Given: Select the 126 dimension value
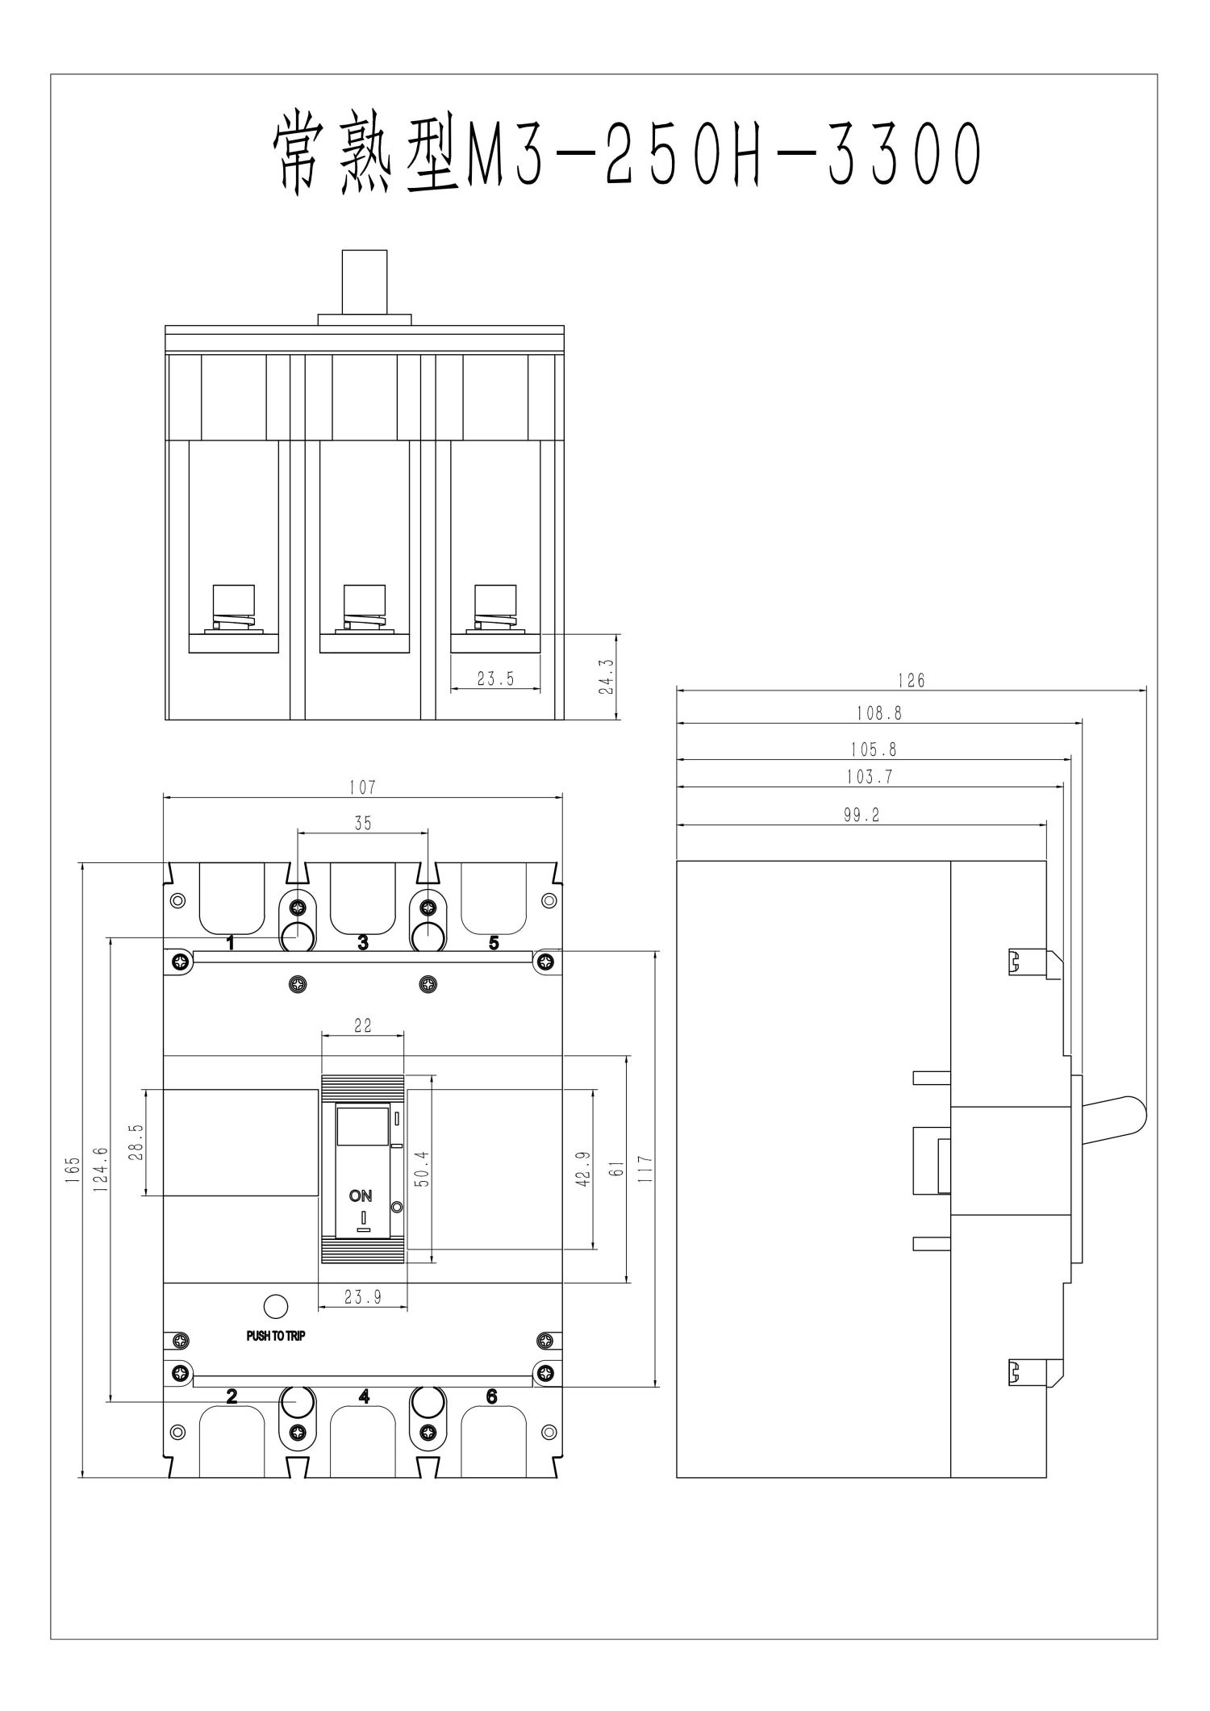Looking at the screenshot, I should [911, 680].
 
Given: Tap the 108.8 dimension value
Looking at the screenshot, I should [878, 713].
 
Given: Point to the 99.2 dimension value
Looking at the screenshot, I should [861, 815].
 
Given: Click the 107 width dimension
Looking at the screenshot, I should [362, 787].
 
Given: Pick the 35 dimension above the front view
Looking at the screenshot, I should [362, 823].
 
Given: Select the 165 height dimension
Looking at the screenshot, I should [73, 1170].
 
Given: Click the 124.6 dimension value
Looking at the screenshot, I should [100, 1170].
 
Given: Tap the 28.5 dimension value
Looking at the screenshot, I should [136, 1142].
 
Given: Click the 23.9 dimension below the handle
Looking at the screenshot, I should [362, 1297].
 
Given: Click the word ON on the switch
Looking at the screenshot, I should [361, 1196].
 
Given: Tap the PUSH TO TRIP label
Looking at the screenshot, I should [276, 1336].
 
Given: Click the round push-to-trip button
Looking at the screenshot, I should [276, 1306].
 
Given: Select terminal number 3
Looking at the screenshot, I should [363, 941].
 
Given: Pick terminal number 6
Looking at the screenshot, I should [492, 1396].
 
